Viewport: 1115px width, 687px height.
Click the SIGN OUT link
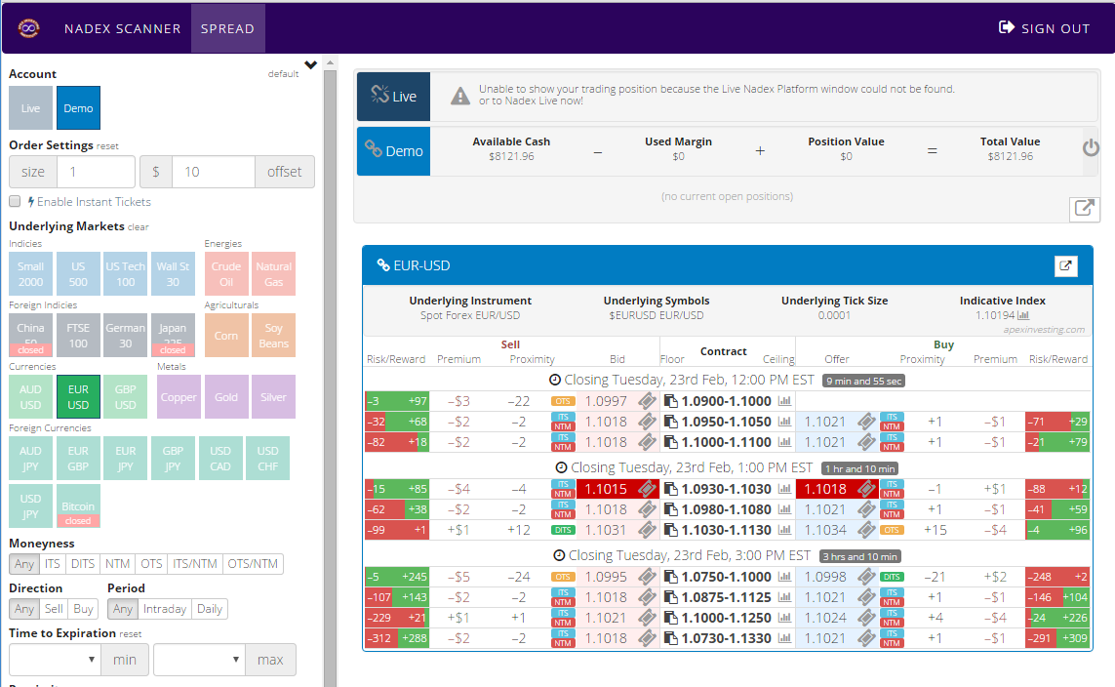[x=1044, y=28]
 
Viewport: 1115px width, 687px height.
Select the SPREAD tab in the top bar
[x=227, y=28]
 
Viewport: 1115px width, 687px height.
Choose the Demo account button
[x=78, y=108]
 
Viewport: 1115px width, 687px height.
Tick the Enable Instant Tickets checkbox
[x=15, y=202]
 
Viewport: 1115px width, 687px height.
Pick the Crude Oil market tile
[x=226, y=274]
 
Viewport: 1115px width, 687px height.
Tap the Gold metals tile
[x=226, y=397]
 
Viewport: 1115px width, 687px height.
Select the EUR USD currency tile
[x=78, y=397]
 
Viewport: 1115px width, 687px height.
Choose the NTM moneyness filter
[x=117, y=564]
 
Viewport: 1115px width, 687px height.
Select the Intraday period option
[x=164, y=609]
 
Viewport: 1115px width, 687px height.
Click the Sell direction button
[x=54, y=609]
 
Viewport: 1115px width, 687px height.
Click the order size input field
[x=95, y=172]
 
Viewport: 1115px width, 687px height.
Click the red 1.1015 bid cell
[x=607, y=489]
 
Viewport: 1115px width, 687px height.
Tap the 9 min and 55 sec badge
[x=862, y=381]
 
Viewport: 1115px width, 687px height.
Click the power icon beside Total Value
[x=1091, y=149]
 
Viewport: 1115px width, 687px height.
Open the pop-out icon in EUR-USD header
[x=1065, y=265]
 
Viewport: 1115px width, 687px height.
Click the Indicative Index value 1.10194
[x=995, y=315]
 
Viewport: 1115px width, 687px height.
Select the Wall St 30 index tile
[x=174, y=274]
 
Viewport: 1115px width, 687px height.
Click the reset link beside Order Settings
[x=107, y=146]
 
